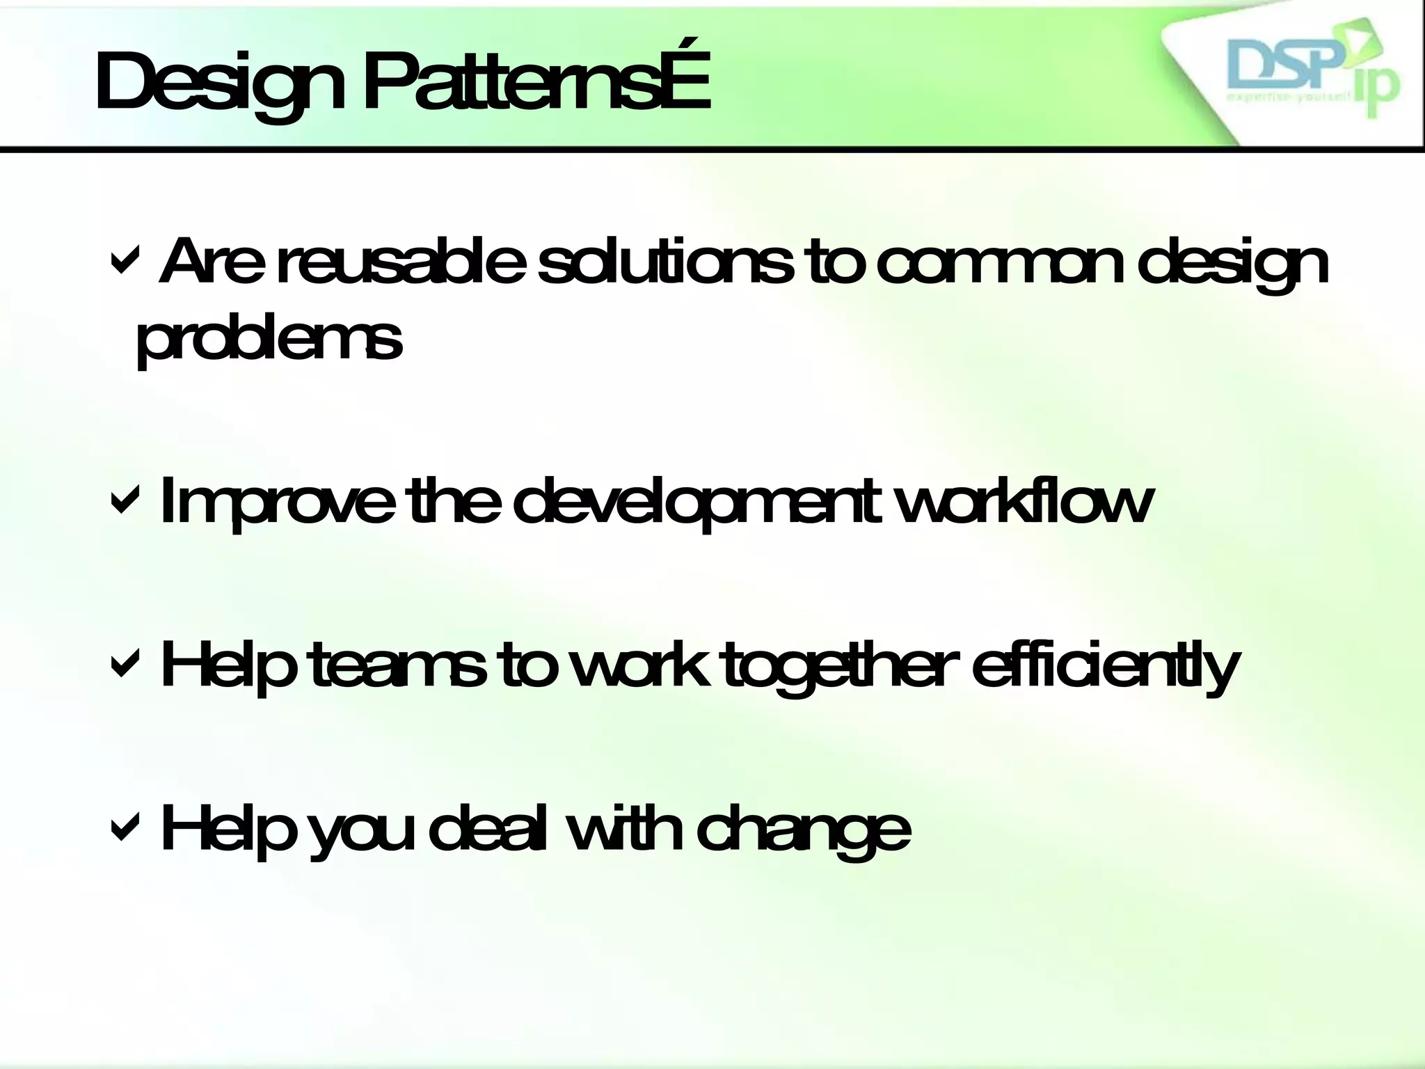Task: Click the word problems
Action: (x=269, y=341)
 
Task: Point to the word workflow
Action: (x=1023, y=501)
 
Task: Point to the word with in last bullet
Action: (x=623, y=828)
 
